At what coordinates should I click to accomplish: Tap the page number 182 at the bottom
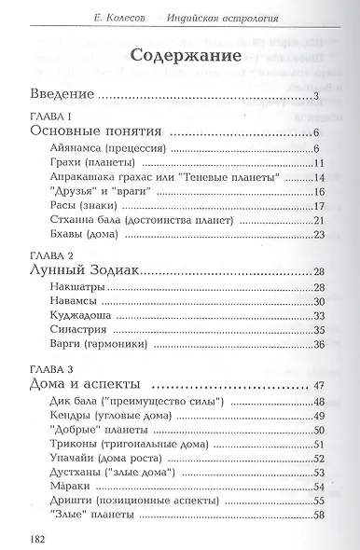(26, 538)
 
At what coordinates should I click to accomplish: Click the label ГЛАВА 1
(48, 115)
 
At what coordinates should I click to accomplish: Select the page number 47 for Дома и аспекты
(318, 385)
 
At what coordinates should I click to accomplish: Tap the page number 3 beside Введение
(317, 95)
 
